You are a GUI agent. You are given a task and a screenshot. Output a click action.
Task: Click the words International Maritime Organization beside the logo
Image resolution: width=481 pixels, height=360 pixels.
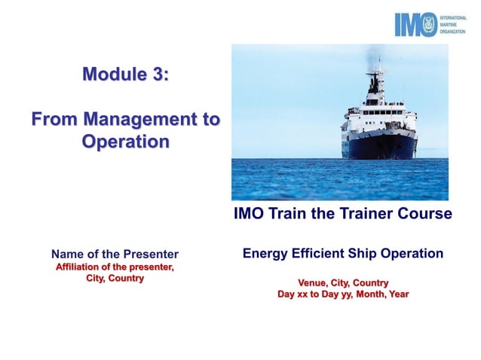tap(454, 24)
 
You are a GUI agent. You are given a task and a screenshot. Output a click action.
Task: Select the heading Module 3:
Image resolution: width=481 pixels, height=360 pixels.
tap(125, 74)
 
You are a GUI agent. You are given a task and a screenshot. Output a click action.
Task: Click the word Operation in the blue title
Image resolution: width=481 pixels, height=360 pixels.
tap(125, 142)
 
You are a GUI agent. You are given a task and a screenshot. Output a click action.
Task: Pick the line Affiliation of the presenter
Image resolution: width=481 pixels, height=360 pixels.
tap(115, 267)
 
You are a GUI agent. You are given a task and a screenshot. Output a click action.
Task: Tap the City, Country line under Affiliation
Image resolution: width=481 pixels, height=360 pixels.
tap(115, 279)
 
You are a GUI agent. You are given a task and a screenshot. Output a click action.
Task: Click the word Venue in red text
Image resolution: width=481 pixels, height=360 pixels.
tap(314, 282)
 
